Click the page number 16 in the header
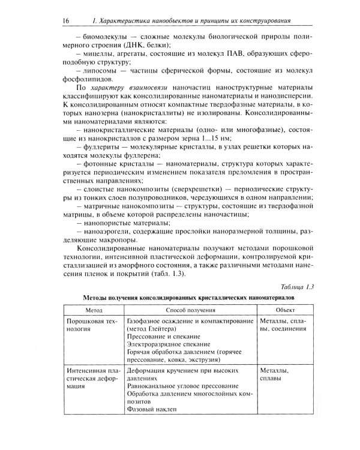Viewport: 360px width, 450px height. tap(65, 21)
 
